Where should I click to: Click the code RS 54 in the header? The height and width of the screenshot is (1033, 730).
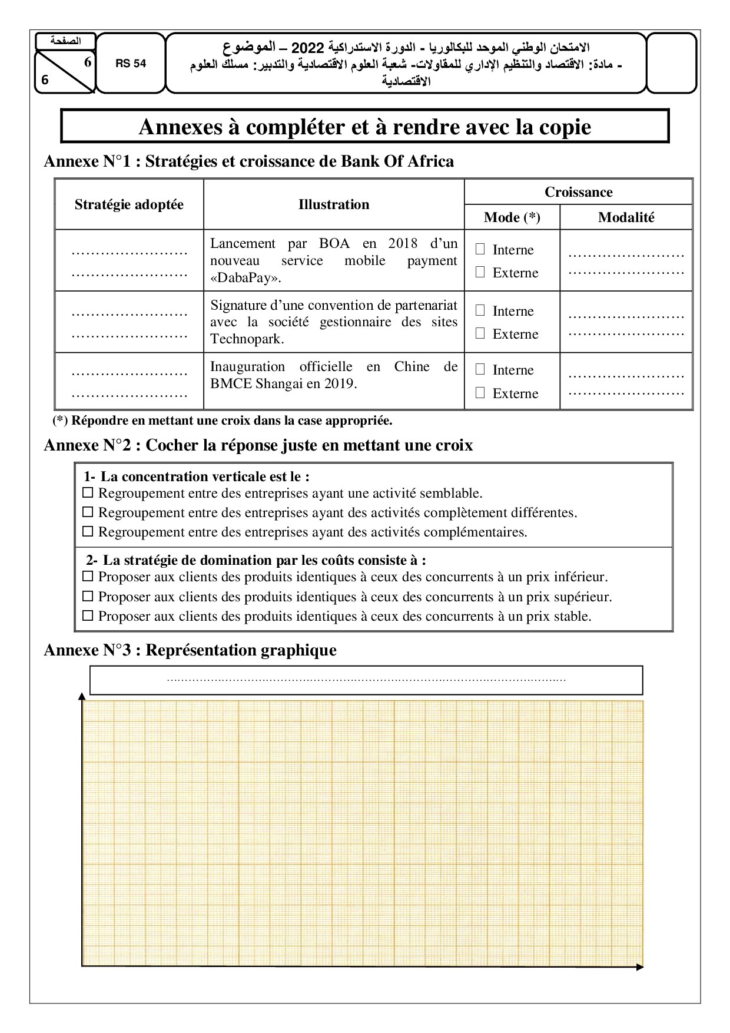131,64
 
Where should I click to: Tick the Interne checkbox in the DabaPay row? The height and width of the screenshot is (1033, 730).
480,249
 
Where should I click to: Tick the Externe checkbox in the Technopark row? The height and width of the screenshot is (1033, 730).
480,333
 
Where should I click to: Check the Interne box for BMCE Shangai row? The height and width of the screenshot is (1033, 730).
480,369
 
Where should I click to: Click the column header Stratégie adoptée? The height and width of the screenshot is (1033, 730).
129,204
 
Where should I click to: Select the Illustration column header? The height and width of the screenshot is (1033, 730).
334,204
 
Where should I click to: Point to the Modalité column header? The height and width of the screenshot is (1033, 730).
626,217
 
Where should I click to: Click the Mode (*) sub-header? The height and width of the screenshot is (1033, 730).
512,217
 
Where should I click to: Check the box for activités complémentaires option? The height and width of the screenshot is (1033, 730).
88,532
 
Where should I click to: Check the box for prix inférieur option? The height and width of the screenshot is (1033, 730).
88,577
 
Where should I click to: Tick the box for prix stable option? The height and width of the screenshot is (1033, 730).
88,617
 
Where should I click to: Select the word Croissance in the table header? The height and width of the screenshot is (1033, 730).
578,192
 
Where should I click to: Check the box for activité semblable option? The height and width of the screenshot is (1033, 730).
88,493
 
